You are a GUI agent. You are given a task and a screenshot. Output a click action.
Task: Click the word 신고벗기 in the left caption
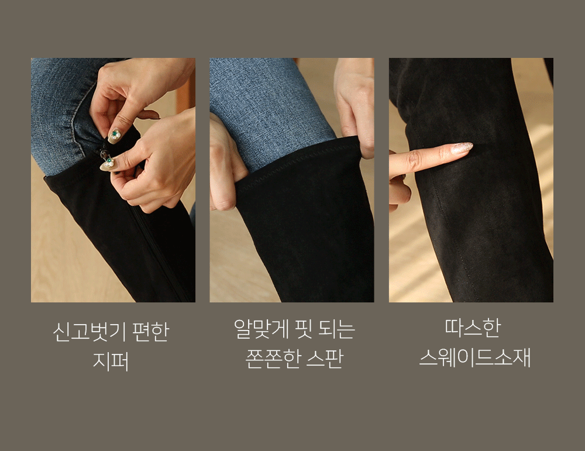tap(90, 332)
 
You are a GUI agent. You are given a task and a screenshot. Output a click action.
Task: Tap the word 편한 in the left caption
tap(151, 332)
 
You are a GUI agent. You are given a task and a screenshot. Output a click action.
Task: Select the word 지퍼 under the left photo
tap(111, 361)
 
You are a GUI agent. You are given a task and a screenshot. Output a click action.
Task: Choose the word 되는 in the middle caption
tap(336, 329)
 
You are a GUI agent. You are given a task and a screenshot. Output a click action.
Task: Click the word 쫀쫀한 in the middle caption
tap(273, 359)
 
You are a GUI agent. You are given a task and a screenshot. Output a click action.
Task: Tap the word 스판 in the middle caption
tap(324, 359)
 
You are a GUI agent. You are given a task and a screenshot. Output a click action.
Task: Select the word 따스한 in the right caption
tap(472, 328)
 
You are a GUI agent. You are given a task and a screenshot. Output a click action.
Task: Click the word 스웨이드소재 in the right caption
tap(474, 357)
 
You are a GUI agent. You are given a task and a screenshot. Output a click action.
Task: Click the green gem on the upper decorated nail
tap(115, 133)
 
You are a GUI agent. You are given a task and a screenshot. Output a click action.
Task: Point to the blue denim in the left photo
tap(60, 112)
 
